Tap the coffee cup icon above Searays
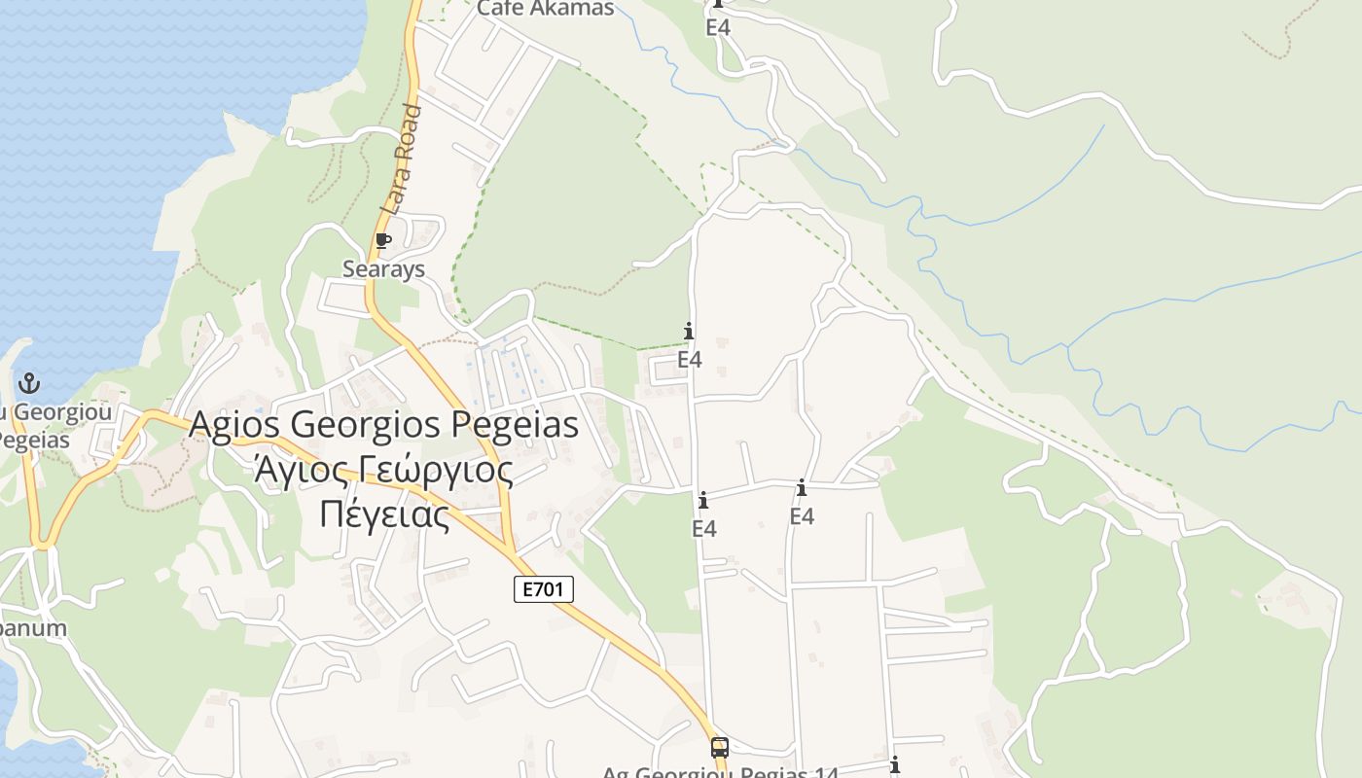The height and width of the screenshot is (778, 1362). point(383,240)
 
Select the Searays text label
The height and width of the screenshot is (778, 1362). point(383,268)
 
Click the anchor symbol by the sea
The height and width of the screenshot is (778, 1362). point(29,382)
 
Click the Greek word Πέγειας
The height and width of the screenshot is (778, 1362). point(384,514)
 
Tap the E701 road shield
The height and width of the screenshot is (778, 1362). point(544,588)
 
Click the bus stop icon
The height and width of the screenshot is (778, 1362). point(720,748)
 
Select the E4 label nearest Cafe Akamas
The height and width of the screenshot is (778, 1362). point(718,27)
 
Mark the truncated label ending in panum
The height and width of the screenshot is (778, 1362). point(33,627)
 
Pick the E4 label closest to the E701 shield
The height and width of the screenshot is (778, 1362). point(703,528)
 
